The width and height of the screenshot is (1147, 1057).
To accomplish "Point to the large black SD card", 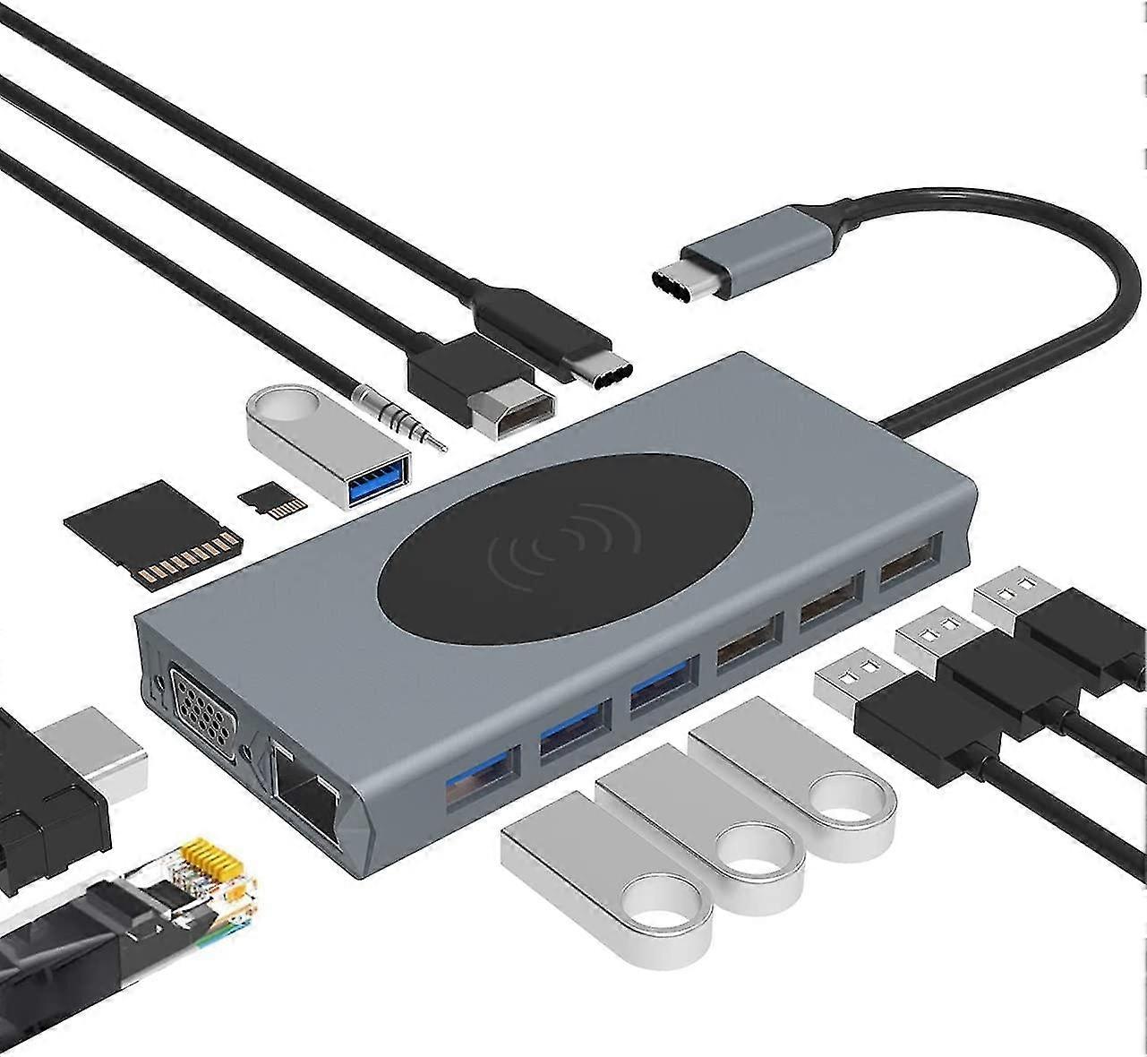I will point(153,535).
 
